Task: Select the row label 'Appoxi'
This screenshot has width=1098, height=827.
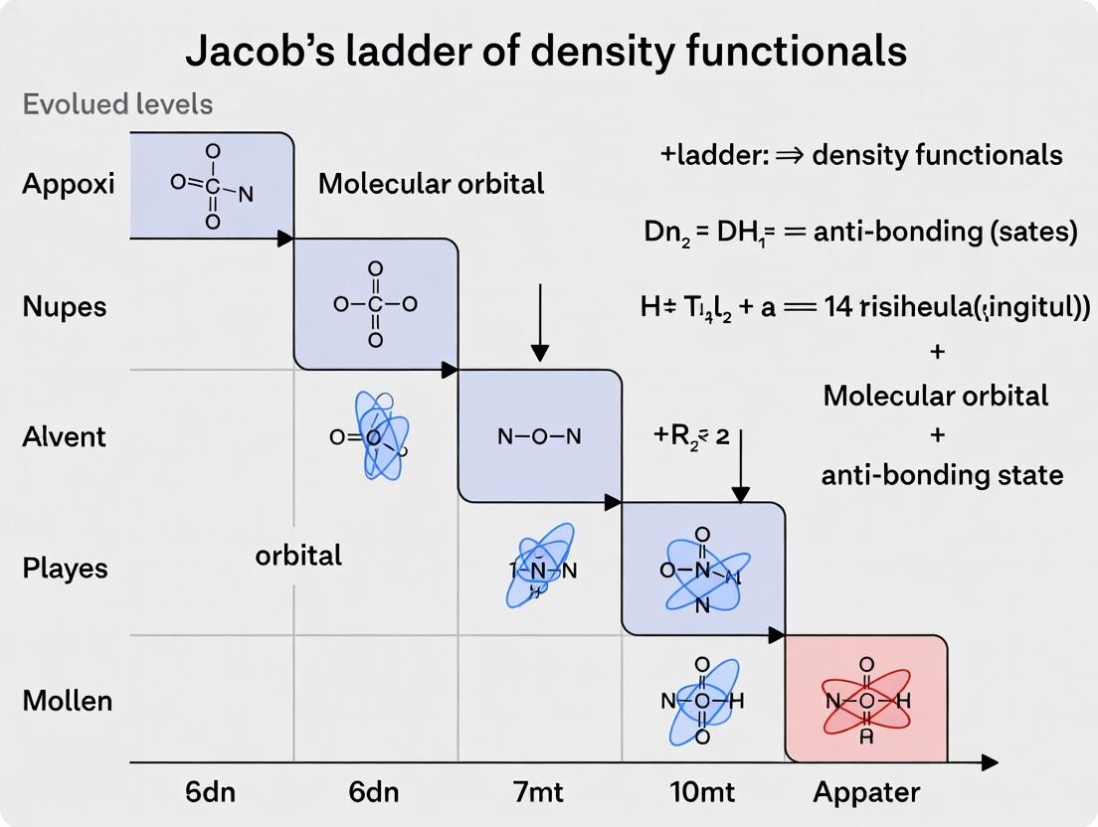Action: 69,184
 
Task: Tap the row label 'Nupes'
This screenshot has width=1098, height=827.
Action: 64,306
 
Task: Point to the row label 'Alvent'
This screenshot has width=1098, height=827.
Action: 64,436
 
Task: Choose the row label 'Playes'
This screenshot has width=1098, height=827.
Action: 66,569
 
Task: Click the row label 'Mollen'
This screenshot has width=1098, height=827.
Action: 67,701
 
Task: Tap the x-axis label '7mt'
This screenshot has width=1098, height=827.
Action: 539,792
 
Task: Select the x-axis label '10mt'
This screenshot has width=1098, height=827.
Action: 702,792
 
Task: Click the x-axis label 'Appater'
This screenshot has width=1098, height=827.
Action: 866,792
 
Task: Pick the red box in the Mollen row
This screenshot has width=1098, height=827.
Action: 866,699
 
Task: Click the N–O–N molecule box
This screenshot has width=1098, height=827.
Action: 539,435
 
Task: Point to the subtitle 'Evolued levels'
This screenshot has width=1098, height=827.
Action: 117,104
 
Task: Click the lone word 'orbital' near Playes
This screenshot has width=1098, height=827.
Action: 298,555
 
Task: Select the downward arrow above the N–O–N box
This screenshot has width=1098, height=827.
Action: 539,323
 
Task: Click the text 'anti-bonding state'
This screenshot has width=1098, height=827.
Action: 942,474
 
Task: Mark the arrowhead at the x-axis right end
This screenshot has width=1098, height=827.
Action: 989,762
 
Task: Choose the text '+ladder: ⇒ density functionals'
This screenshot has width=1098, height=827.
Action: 860,155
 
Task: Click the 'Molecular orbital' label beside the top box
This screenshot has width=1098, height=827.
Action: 431,183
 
